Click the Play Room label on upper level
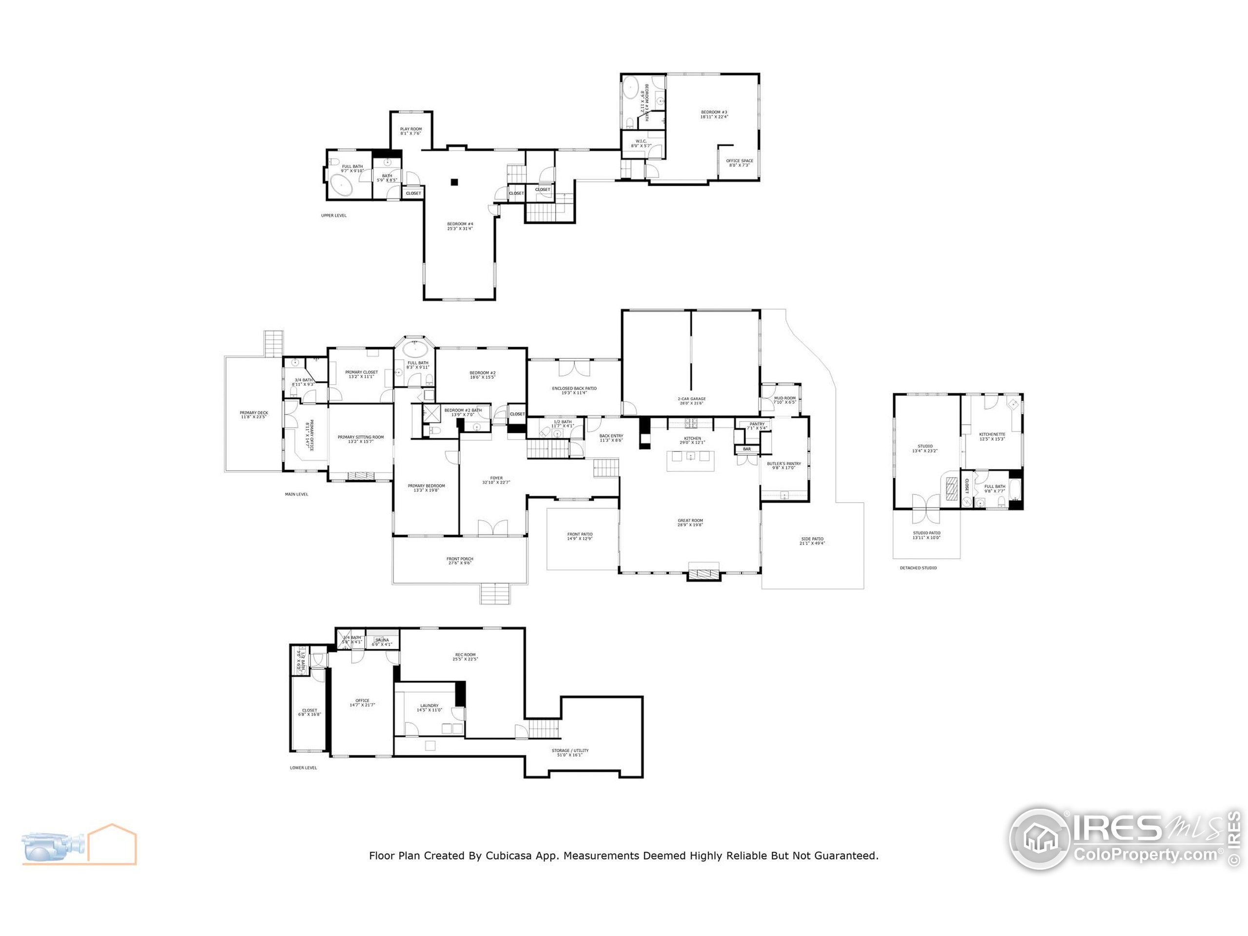pyautogui.click(x=411, y=131)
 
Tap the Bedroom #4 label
pyautogui.click(x=460, y=226)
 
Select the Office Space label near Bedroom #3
pyautogui.click(x=739, y=162)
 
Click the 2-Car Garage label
pyautogui.click(x=691, y=401)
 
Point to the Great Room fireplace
pyautogui.click(x=703, y=574)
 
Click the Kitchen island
pyautogui.click(x=690, y=460)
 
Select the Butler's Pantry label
pyautogui.click(x=784, y=466)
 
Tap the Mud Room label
pyautogui.click(x=784, y=399)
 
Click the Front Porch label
pyautogui.click(x=460, y=560)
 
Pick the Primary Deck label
pyautogui.click(x=254, y=415)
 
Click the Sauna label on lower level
pyautogui.click(x=382, y=642)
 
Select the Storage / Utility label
pyautogui.click(x=570, y=752)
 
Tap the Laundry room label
pyautogui.click(x=429, y=707)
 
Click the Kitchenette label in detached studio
pyautogui.click(x=992, y=436)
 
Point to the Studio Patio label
pyautogui.click(x=926, y=535)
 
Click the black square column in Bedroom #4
pyautogui.click(x=453, y=182)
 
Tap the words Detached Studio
pyautogui.click(x=918, y=567)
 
